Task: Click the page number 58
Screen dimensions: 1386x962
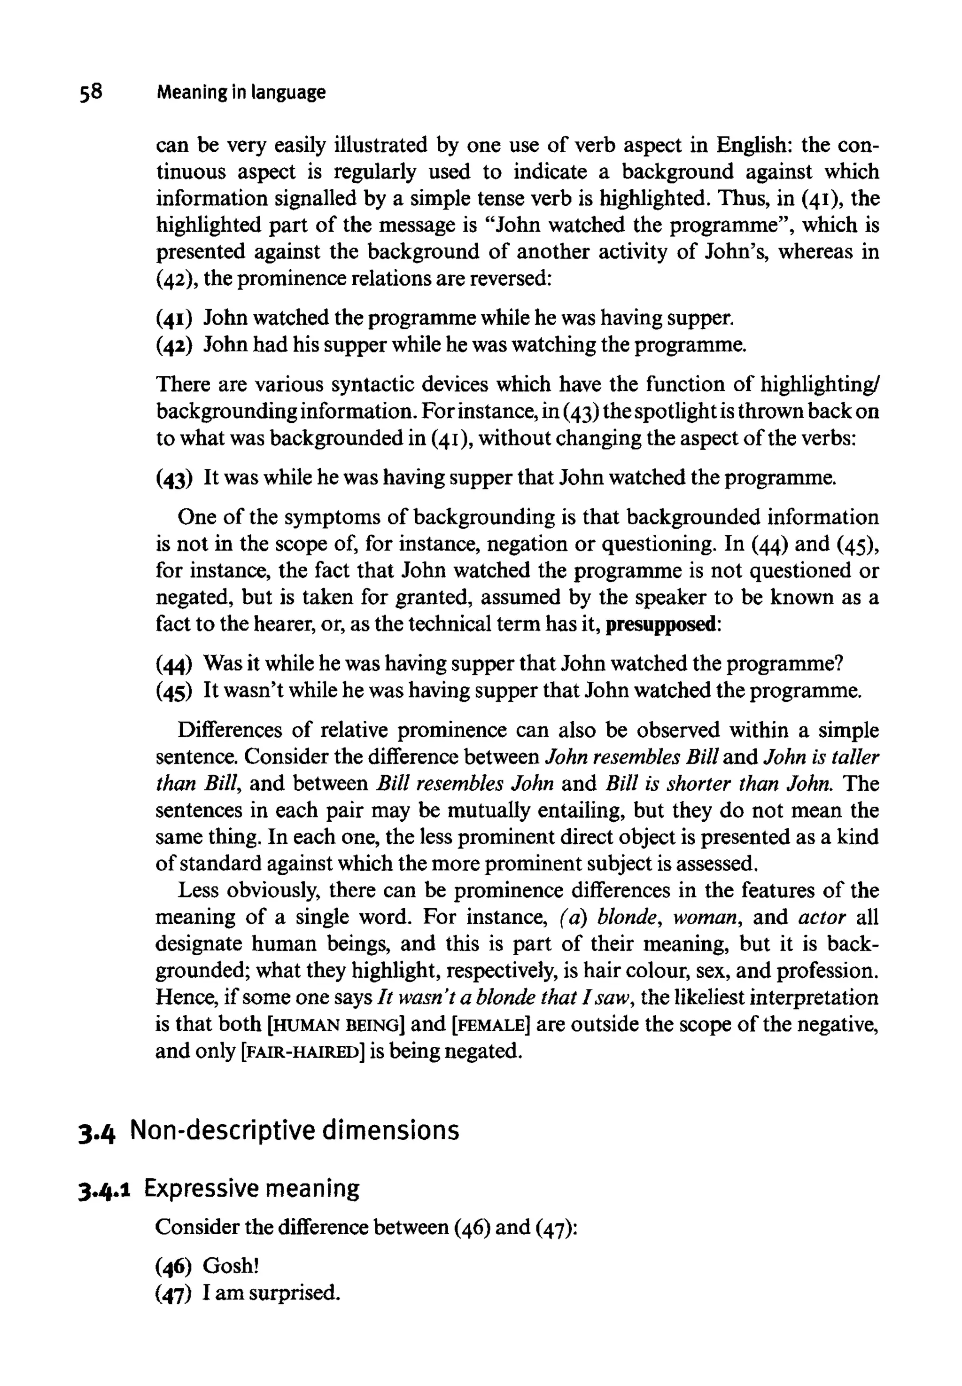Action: pos(90,92)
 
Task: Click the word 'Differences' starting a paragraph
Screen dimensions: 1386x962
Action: pos(229,731)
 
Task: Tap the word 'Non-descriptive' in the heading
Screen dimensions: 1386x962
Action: pos(222,1131)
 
